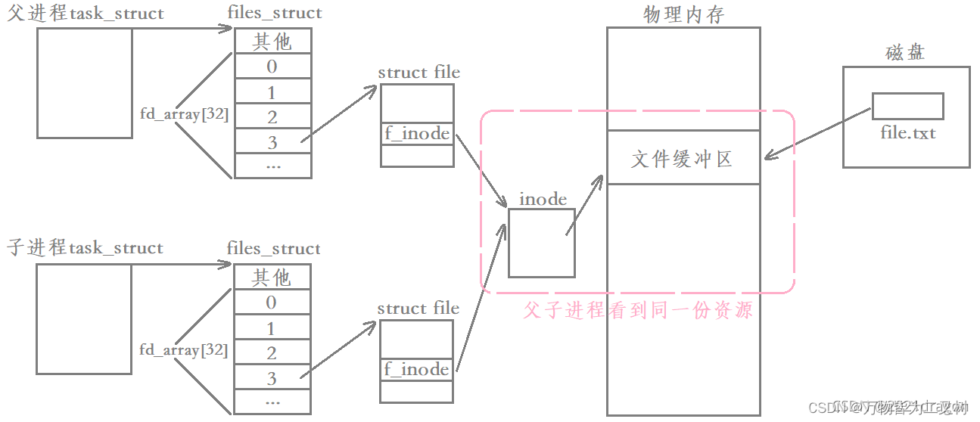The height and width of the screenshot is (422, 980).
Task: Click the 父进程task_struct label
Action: [86, 14]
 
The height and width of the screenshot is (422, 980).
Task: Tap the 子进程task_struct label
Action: [86, 248]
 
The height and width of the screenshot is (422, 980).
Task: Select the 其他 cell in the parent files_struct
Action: [272, 41]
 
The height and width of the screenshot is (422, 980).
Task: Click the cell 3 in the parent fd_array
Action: [272, 142]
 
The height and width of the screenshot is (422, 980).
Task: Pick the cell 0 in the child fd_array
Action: [272, 303]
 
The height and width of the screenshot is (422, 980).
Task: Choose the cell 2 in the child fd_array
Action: [272, 353]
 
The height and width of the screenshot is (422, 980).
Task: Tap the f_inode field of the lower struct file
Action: [417, 369]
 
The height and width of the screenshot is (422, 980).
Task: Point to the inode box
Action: [541, 243]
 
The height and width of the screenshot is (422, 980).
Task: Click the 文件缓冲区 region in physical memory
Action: [683, 159]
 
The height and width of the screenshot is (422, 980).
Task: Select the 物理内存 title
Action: [683, 14]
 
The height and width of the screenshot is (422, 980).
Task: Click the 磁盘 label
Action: [906, 53]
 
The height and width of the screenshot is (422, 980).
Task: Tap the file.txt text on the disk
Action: [908, 133]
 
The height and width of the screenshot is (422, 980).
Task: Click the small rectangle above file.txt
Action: [907, 106]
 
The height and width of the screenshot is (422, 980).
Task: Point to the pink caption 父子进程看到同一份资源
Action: [638, 310]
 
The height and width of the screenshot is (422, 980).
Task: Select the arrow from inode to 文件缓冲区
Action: [583, 204]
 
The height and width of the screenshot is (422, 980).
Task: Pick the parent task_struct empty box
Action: [85, 83]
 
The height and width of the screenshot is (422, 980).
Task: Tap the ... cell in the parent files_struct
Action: [272, 165]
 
